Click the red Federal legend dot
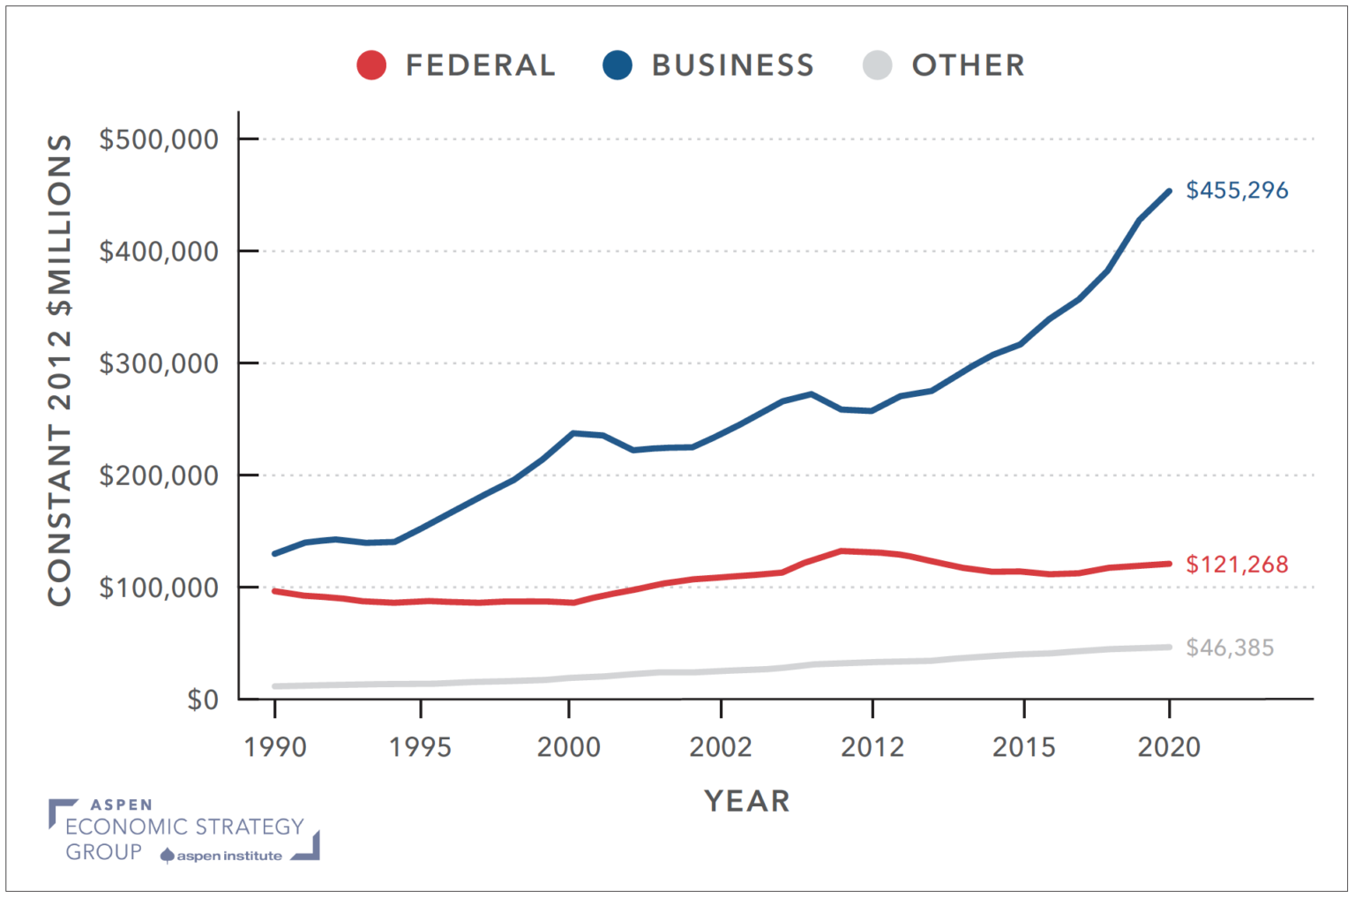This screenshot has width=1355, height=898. point(371,65)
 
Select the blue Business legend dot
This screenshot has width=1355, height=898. point(618,65)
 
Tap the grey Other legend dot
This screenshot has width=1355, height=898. point(877,65)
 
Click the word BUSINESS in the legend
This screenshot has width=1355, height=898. point(732,65)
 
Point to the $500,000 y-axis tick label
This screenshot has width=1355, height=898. point(159,139)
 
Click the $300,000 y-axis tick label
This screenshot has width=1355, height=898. point(159,363)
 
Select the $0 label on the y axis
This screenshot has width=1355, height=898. point(202,700)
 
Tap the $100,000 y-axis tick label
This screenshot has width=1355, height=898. point(159,587)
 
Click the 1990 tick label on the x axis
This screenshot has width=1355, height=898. point(275,747)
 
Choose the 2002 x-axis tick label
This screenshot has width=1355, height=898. point(721,747)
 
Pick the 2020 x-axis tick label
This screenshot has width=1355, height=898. point(1169,747)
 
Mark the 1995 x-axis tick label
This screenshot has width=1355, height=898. point(421,747)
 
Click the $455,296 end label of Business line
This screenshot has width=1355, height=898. point(1237,191)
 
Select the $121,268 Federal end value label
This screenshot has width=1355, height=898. point(1237,565)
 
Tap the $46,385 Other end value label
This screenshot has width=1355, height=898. point(1230,648)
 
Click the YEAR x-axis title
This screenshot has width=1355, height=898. point(747,801)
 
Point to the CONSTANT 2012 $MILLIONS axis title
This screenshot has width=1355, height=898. point(60,370)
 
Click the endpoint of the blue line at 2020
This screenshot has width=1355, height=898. point(1169,191)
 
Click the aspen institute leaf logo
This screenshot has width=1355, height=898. point(167,856)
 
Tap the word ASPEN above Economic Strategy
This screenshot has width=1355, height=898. point(122,804)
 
